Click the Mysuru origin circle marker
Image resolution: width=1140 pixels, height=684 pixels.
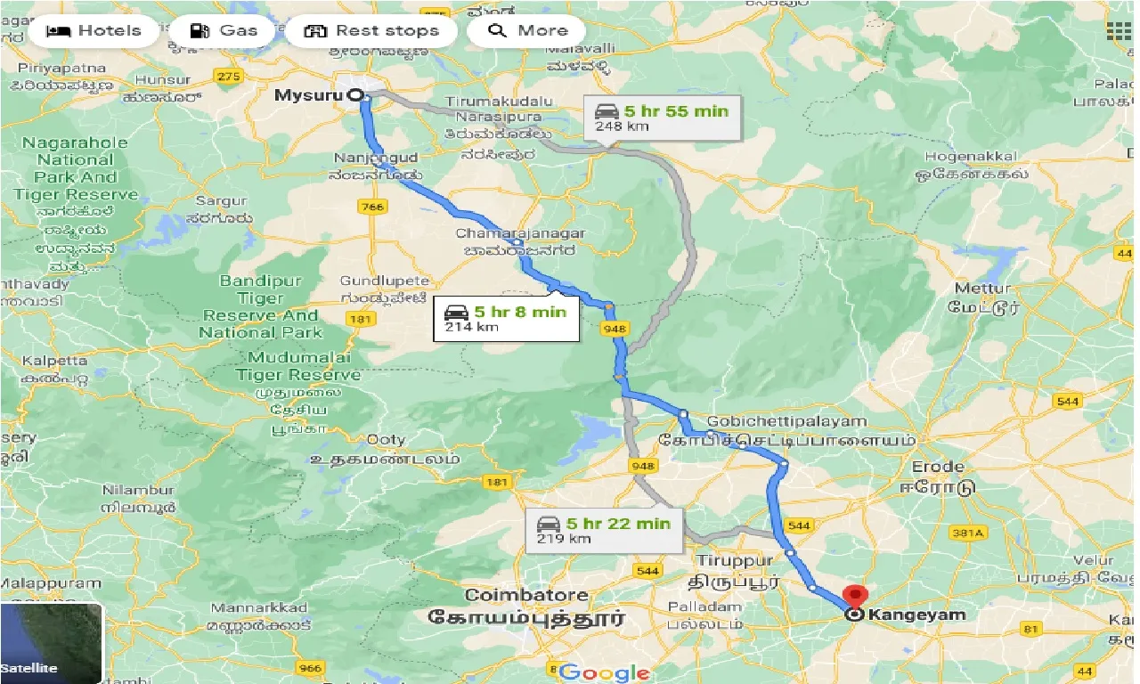point(354,95)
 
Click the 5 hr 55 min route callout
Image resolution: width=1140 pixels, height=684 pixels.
point(662,118)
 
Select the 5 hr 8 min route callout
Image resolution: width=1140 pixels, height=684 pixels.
point(505,319)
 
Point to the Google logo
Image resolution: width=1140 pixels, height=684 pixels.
point(605,672)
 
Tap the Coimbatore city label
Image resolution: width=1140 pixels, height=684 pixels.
point(526,595)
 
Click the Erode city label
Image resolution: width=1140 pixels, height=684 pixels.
point(938,467)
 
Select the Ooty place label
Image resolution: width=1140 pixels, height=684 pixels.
point(386,439)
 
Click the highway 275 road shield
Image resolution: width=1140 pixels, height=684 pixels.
point(229,77)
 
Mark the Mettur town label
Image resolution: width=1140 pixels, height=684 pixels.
point(983,289)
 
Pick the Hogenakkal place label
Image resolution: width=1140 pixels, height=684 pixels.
point(971,157)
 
